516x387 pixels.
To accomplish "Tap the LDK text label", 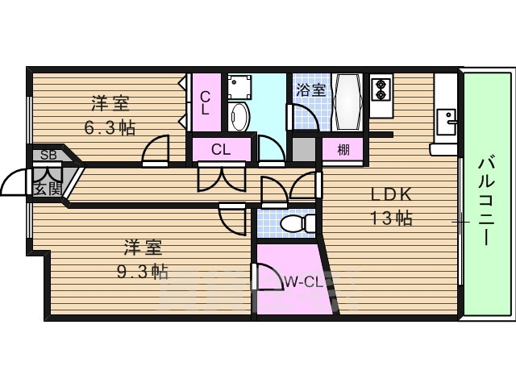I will pos(391,195).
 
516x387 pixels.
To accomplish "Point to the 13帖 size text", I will pos(391,218).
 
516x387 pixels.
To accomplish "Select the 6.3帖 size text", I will pos(110,127).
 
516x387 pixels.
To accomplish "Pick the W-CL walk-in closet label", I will pos(304,282).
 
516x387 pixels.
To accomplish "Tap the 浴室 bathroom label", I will pos(310,89).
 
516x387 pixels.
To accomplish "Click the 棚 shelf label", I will pos(343,149).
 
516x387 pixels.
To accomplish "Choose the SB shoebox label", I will pos(48,155).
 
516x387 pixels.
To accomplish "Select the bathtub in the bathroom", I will pos(349,102).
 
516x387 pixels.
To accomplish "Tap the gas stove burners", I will pos(380,89).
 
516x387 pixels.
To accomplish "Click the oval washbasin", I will pos(239,118).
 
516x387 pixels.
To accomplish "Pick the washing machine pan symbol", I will pos(240,85).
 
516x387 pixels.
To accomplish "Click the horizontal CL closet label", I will pos(221,149).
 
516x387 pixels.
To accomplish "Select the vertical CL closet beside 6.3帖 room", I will pos(205,102).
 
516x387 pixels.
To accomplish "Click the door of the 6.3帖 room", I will pos(156,149).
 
